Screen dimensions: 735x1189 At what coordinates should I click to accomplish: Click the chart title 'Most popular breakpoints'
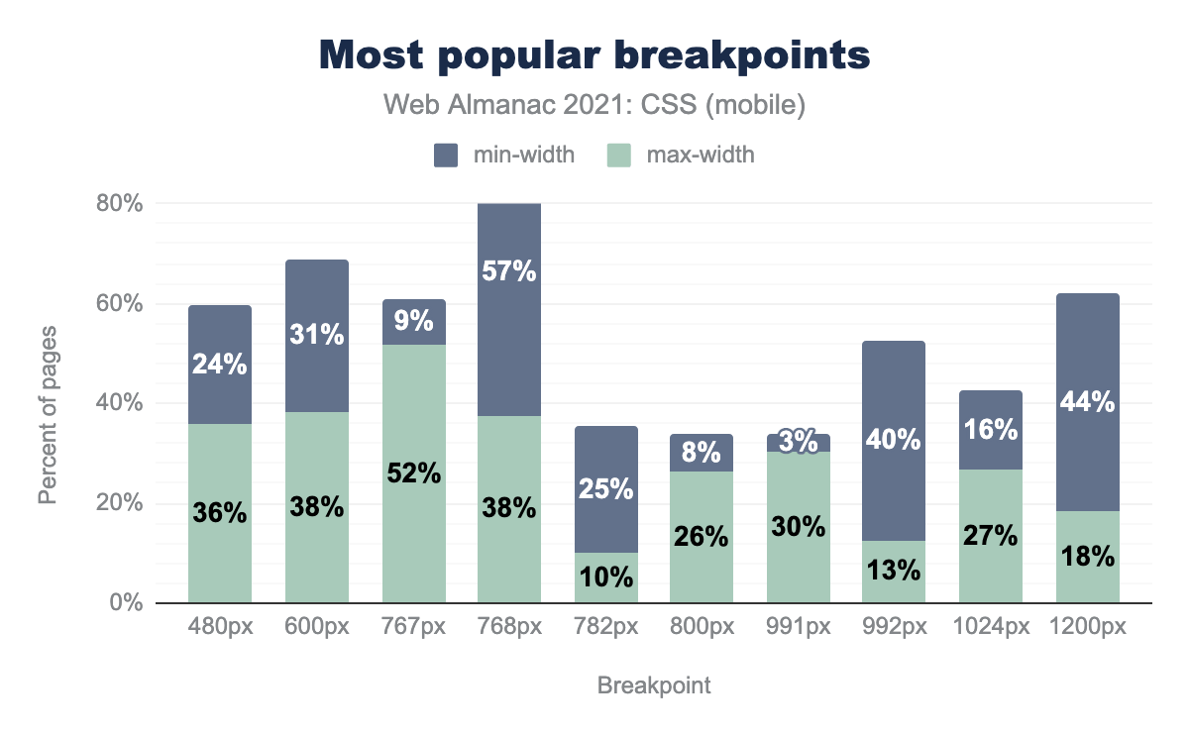(x=594, y=55)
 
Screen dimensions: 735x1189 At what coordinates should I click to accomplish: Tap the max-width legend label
(x=700, y=154)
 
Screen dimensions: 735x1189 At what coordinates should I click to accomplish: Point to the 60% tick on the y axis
(x=120, y=303)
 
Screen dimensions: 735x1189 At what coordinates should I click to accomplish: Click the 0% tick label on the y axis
(x=126, y=603)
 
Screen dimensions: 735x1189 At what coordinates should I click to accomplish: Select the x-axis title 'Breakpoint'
(x=654, y=685)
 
